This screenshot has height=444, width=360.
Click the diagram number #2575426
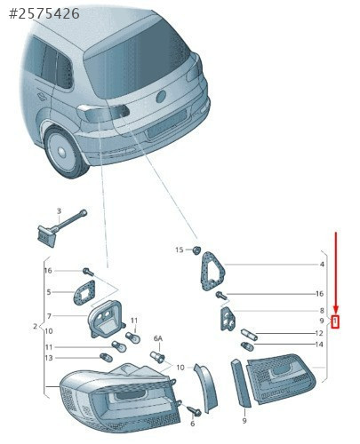point(44,14)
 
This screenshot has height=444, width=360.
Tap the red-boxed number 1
point(335,321)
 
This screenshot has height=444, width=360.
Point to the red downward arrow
point(336,272)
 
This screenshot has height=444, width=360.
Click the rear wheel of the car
point(63,152)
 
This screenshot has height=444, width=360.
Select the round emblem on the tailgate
point(161,97)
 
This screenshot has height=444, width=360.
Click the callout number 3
point(59,211)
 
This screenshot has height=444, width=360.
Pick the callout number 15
point(180,250)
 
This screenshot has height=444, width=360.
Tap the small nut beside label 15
point(196,250)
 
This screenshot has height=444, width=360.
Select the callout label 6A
point(158,338)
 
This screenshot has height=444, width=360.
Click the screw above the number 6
point(195,410)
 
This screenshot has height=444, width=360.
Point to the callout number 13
point(49,358)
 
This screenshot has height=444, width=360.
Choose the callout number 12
point(319,333)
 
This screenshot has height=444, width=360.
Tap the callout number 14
point(319,345)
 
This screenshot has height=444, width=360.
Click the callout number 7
point(49,316)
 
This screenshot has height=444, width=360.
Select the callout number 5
point(49,292)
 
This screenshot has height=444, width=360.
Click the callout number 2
point(36,326)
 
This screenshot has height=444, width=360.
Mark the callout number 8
point(322,311)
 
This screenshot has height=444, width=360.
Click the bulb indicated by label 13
point(106,358)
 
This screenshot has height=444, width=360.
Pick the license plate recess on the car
point(166,123)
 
